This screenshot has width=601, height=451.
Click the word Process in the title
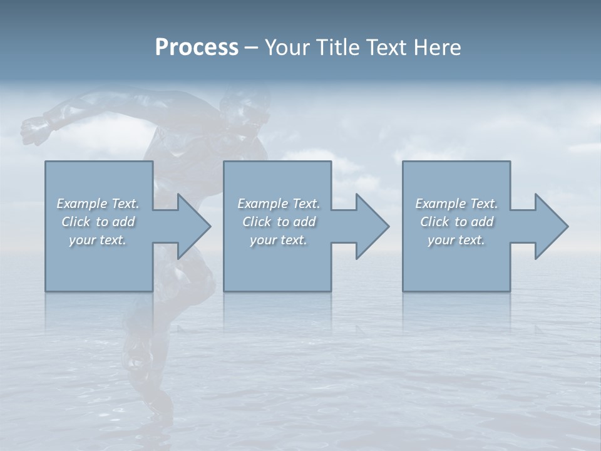click(x=197, y=48)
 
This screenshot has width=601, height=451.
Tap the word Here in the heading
click(x=438, y=48)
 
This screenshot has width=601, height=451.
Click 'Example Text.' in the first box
click(x=98, y=204)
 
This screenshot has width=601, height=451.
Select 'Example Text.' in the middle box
click(x=279, y=204)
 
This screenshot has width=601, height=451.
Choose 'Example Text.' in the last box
click(x=456, y=204)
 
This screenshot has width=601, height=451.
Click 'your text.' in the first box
click(x=98, y=240)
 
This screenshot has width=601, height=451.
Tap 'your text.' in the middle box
click(x=279, y=240)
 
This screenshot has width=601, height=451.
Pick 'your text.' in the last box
click(x=456, y=240)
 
